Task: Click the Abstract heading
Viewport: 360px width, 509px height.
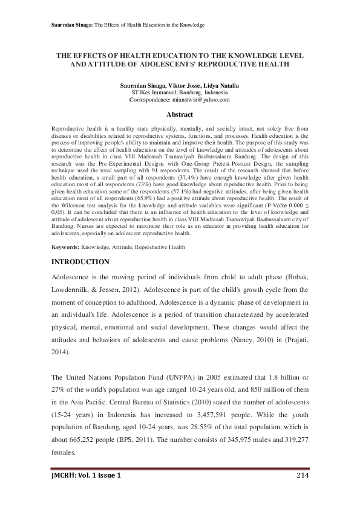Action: click(x=180, y=114)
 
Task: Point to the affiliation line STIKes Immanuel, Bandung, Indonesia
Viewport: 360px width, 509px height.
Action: click(x=180, y=92)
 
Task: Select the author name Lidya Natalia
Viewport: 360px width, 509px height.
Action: click(x=221, y=85)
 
